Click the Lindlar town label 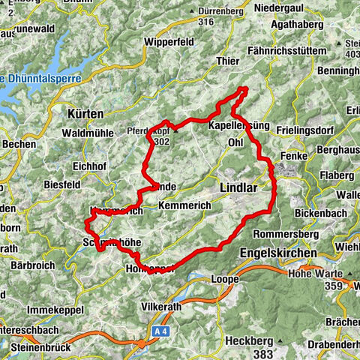point(240,184)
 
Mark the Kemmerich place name point(180,204)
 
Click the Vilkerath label point(165,307)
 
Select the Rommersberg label point(281,233)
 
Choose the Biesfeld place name point(62,184)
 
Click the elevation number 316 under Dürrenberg point(206,22)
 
